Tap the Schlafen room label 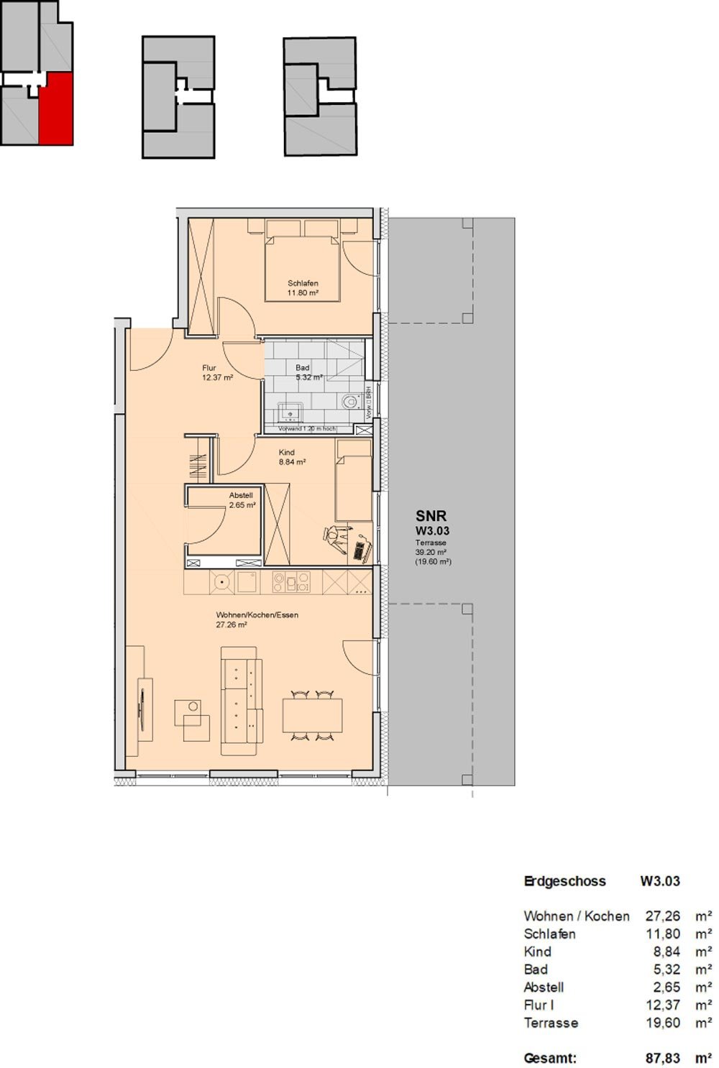tap(303, 288)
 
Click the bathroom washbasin tap(290, 413)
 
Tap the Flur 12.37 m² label tap(217, 372)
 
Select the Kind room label tap(292, 457)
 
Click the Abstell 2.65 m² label tap(242, 500)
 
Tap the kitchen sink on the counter tap(248, 581)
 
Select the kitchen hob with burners tap(291, 581)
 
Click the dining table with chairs tap(312, 715)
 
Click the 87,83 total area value tap(662, 1058)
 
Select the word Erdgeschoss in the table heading tap(564, 881)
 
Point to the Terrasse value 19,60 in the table tap(662, 1023)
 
